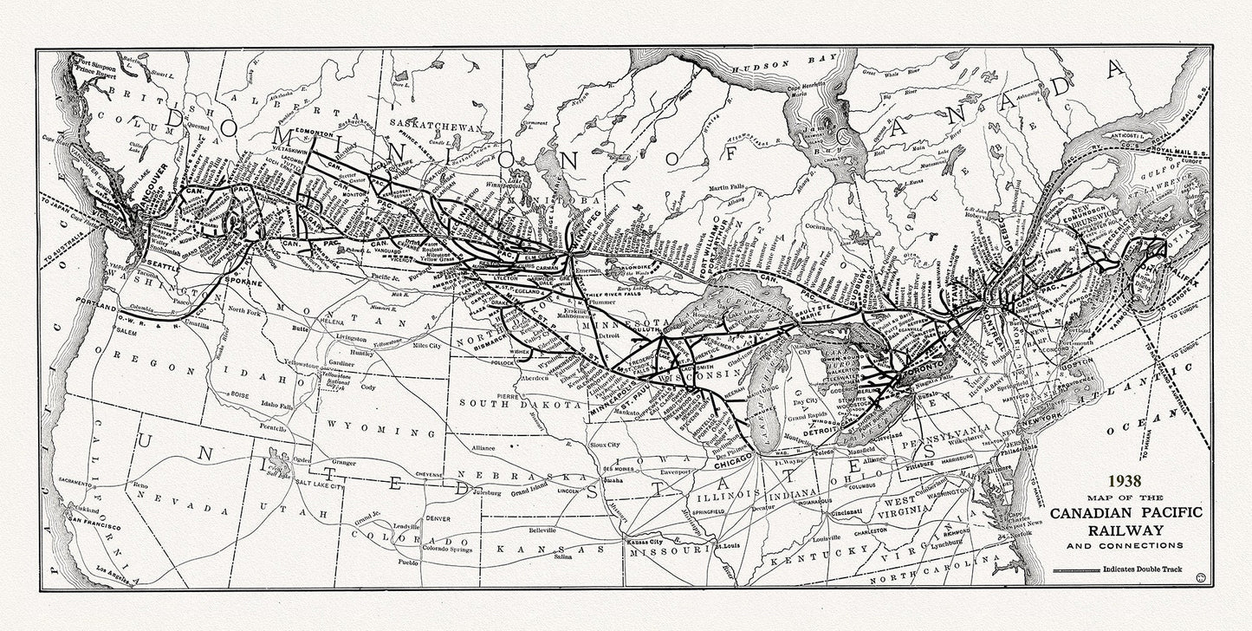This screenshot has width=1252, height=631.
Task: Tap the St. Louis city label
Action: tap(730, 547)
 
